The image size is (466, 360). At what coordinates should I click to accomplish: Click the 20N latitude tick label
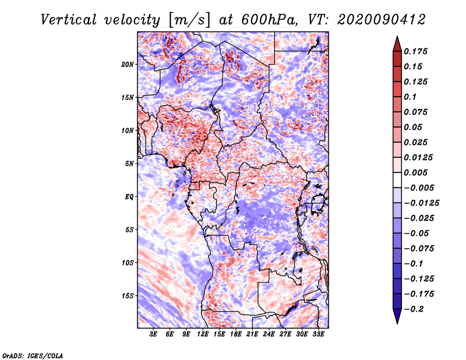[127, 65]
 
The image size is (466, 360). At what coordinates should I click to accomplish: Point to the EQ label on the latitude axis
[129, 197]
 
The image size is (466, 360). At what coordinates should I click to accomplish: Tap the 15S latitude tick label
[128, 296]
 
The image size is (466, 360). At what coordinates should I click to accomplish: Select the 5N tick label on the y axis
[129, 164]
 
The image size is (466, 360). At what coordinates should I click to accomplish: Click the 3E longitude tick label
[153, 334]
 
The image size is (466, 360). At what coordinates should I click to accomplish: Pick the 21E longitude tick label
[252, 334]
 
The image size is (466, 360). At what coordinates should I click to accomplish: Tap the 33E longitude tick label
[318, 334]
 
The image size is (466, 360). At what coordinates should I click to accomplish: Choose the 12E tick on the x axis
[203, 334]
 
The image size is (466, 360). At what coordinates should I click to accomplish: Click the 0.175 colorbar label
[415, 51]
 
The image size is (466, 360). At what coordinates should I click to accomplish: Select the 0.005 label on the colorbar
[415, 172]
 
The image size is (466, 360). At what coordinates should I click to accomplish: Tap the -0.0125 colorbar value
[421, 203]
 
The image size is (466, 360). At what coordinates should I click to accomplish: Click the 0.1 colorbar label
[410, 97]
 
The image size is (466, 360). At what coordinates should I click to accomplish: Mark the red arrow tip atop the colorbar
[397, 36]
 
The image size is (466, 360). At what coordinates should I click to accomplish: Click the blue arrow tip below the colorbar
[397, 323]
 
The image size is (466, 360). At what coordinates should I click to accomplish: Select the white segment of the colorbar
[397, 180]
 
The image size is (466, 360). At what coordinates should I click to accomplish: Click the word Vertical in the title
[69, 20]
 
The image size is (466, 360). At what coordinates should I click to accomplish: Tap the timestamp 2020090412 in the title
[382, 20]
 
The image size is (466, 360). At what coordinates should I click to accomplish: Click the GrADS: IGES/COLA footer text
[33, 355]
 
